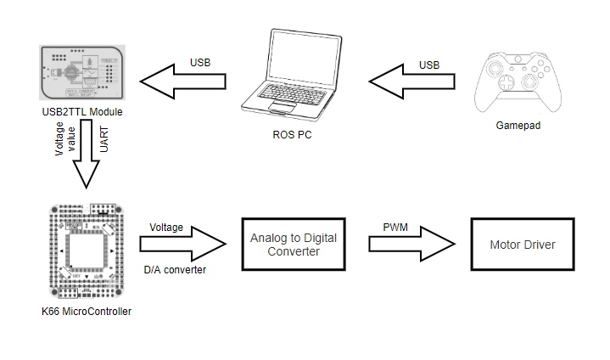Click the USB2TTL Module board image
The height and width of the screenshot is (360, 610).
[x=83, y=72]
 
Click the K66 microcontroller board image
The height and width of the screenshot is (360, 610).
[x=87, y=251]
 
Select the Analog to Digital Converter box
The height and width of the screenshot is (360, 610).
[x=293, y=245]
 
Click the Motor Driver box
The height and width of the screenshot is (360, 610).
[x=523, y=245]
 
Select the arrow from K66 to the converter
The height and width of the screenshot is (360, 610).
[x=182, y=245]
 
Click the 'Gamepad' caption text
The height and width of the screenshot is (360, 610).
[x=518, y=126]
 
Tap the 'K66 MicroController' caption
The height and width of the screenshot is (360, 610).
[x=87, y=312]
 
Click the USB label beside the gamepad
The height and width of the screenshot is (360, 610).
[x=430, y=65]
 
